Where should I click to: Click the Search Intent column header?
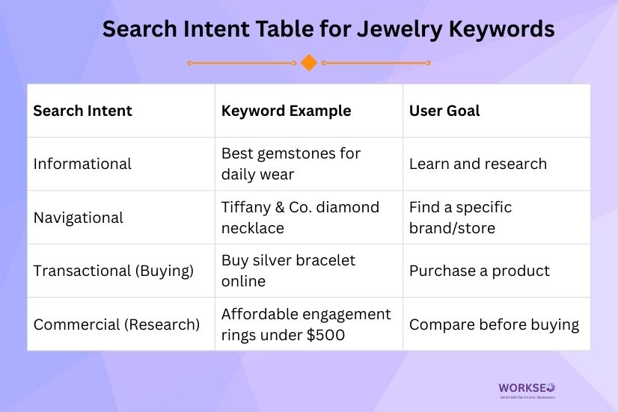[x=82, y=111]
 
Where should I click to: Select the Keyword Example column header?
[x=286, y=111]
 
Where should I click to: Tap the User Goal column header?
[x=444, y=111]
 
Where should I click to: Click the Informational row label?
[x=82, y=164]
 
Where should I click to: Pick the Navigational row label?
[x=79, y=218]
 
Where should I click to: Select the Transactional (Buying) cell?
[x=113, y=271]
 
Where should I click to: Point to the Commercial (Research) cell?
[x=117, y=325]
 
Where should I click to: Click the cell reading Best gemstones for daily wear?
[x=291, y=164]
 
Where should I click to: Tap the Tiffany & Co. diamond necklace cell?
[x=300, y=217]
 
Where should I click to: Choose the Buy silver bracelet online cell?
[x=289, y=271]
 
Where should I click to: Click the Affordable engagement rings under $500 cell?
[x=306, y=325]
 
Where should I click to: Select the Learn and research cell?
[x=477, y=164]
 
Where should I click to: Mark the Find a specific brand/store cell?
[x=460, y=217]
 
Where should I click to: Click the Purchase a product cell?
[x=479, y=271]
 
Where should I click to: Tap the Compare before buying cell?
[x=494, y=325]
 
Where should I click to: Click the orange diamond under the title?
[x=308, y=63]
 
